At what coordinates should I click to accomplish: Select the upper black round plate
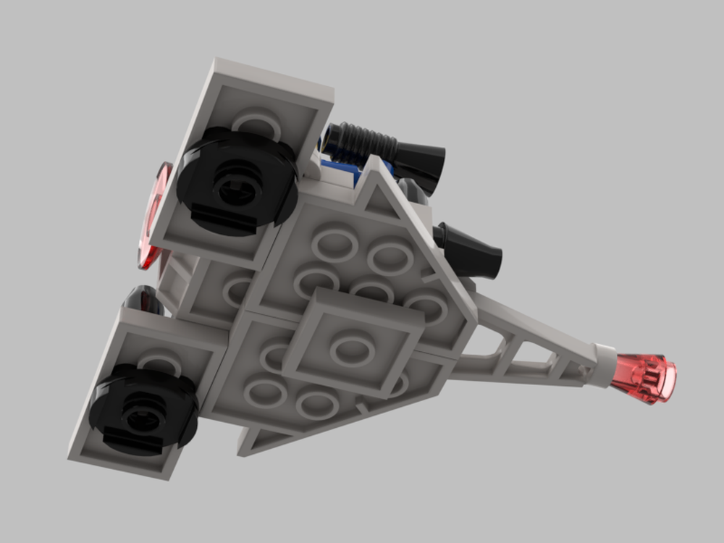click(237, 181)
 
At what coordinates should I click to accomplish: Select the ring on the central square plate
click(352, 348)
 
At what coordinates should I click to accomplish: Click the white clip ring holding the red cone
click(605, 364)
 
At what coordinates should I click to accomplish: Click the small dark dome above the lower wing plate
click(143, 299)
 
